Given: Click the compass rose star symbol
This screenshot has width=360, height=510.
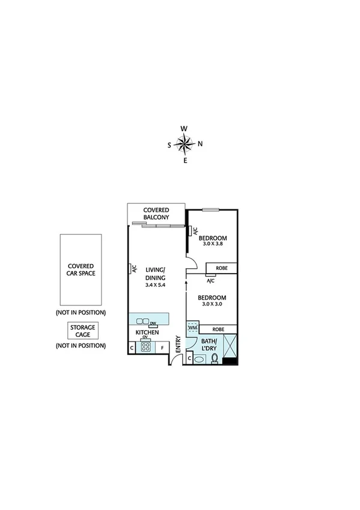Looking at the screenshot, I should click(185, 144).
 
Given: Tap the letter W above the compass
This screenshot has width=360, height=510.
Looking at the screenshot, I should click(185, 129).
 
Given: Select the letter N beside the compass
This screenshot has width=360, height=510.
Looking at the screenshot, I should click(200, 144).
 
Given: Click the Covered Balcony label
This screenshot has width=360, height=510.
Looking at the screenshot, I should click(156, 214).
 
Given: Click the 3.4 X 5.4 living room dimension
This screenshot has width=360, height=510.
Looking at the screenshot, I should click(155, 285).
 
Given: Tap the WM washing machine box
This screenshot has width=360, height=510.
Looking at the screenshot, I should click(192, 328).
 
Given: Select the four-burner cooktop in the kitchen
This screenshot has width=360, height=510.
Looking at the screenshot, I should click(145, 346).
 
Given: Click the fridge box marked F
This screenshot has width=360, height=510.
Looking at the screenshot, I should click(162, 347).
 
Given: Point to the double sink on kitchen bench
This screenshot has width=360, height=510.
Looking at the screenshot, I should click(143, 321).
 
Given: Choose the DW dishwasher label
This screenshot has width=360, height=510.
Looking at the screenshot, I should click(153, 322).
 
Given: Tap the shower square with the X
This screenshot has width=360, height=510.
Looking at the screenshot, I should click(231, 346).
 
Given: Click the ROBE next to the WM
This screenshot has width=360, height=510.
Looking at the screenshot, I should click(219, 329).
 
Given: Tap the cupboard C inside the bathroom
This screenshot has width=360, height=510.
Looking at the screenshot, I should click(190, 359).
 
